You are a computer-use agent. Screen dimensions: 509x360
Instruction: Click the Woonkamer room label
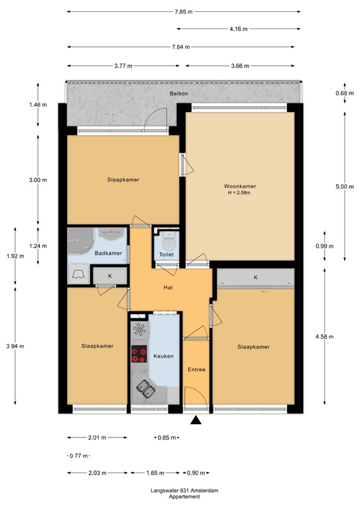240,186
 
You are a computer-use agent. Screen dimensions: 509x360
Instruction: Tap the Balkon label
178,93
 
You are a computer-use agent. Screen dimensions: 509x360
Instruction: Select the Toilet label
166,254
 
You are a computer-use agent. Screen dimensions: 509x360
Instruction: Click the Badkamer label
108,254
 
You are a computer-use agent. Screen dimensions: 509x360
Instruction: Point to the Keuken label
163,356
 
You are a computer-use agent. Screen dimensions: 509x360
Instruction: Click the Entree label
196,369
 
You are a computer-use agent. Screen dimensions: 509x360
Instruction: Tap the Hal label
168,288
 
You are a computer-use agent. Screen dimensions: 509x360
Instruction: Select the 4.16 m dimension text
239,29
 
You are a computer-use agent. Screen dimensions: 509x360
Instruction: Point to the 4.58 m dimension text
344,336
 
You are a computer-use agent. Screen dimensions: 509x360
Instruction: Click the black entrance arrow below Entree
196,420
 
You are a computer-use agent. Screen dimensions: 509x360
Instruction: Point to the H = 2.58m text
240,193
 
